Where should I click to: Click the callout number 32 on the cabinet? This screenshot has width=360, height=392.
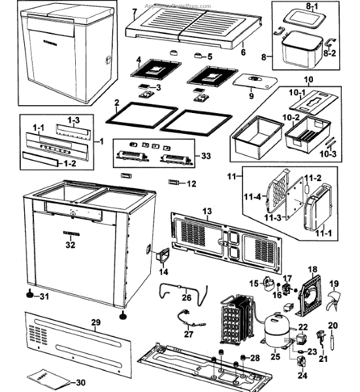[71, 244]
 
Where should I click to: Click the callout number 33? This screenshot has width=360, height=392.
[207, 156]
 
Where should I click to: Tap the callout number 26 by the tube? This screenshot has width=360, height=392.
[186, 298]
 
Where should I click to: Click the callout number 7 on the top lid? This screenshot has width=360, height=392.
[134, 12]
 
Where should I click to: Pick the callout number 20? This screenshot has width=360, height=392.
[333, 325]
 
